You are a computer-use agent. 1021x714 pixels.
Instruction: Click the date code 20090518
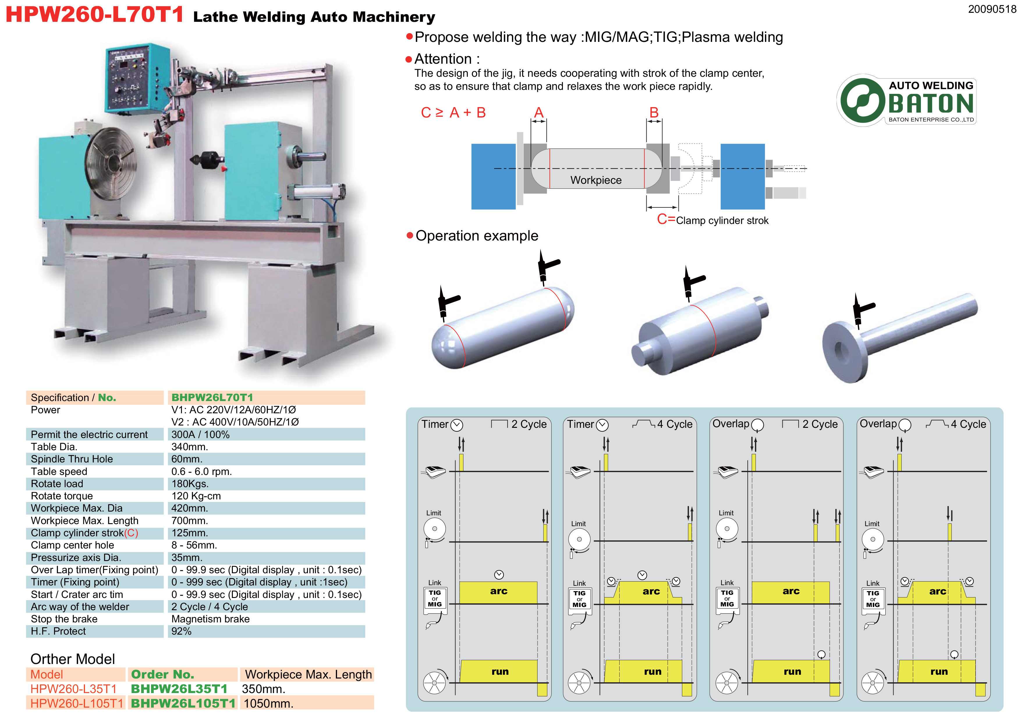click(991, 9)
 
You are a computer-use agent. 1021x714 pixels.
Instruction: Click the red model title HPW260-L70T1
click(94, 14)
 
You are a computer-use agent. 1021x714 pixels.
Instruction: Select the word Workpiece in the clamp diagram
click(595, 180)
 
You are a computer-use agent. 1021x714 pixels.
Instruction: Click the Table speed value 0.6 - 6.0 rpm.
click(201, 471)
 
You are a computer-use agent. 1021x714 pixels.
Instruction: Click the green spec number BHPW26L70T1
click(212, 397)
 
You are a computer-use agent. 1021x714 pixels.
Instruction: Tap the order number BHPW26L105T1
click(183, 703)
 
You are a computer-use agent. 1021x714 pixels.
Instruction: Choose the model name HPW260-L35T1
click(73, 689)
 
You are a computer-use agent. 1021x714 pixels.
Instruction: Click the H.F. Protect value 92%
click(181, 631)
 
